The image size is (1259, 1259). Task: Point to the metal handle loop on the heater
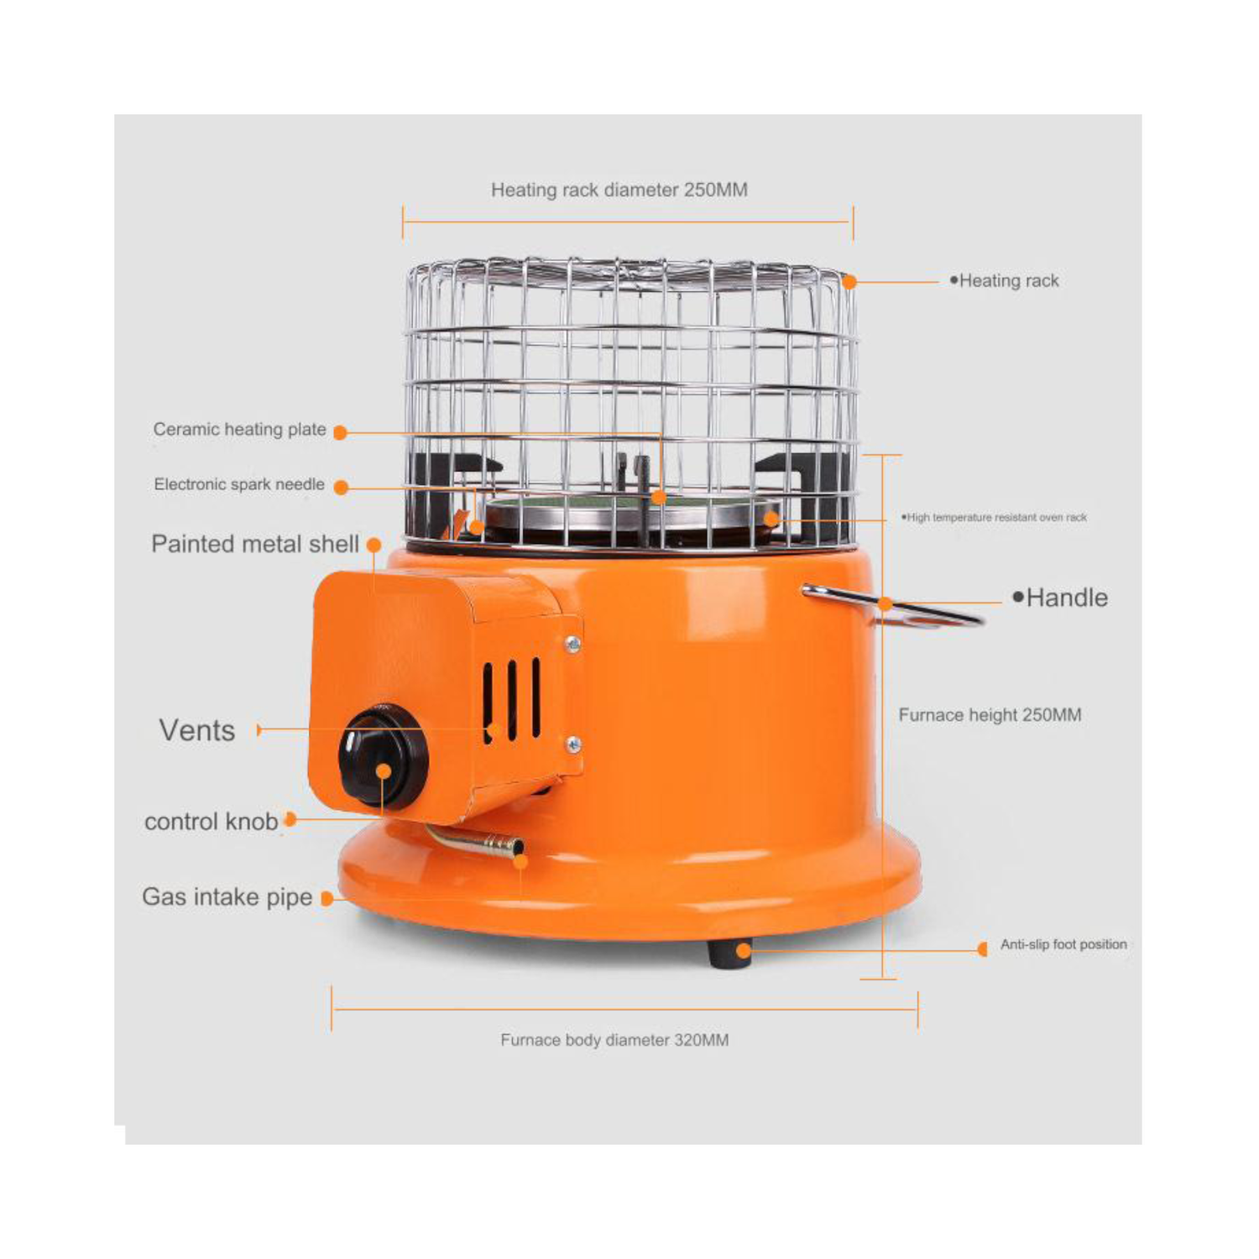tap(893, 607)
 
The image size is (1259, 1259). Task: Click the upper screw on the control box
tap(572, 644)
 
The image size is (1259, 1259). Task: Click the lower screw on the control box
tap(573, 744)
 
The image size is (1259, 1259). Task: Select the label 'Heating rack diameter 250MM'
tap(619, 190)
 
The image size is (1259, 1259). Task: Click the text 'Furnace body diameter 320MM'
tap(614, 1040)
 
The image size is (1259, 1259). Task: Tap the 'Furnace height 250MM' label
tap(990, 715)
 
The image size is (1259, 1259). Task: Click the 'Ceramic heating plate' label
tap(239, 430)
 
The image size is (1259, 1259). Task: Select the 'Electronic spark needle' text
tap(239, 484)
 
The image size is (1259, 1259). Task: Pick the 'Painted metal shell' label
tap(255, 544)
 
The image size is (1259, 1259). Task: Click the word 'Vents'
tap(197, 730)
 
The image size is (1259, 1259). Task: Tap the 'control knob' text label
tap(211, 821)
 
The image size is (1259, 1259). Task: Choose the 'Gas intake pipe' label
tap(227, 897)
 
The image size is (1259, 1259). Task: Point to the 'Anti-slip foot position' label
tap(1063, 944)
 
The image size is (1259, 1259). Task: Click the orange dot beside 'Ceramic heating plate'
tap(340, 432)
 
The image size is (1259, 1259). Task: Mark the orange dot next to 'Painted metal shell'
tap(374, 546)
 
